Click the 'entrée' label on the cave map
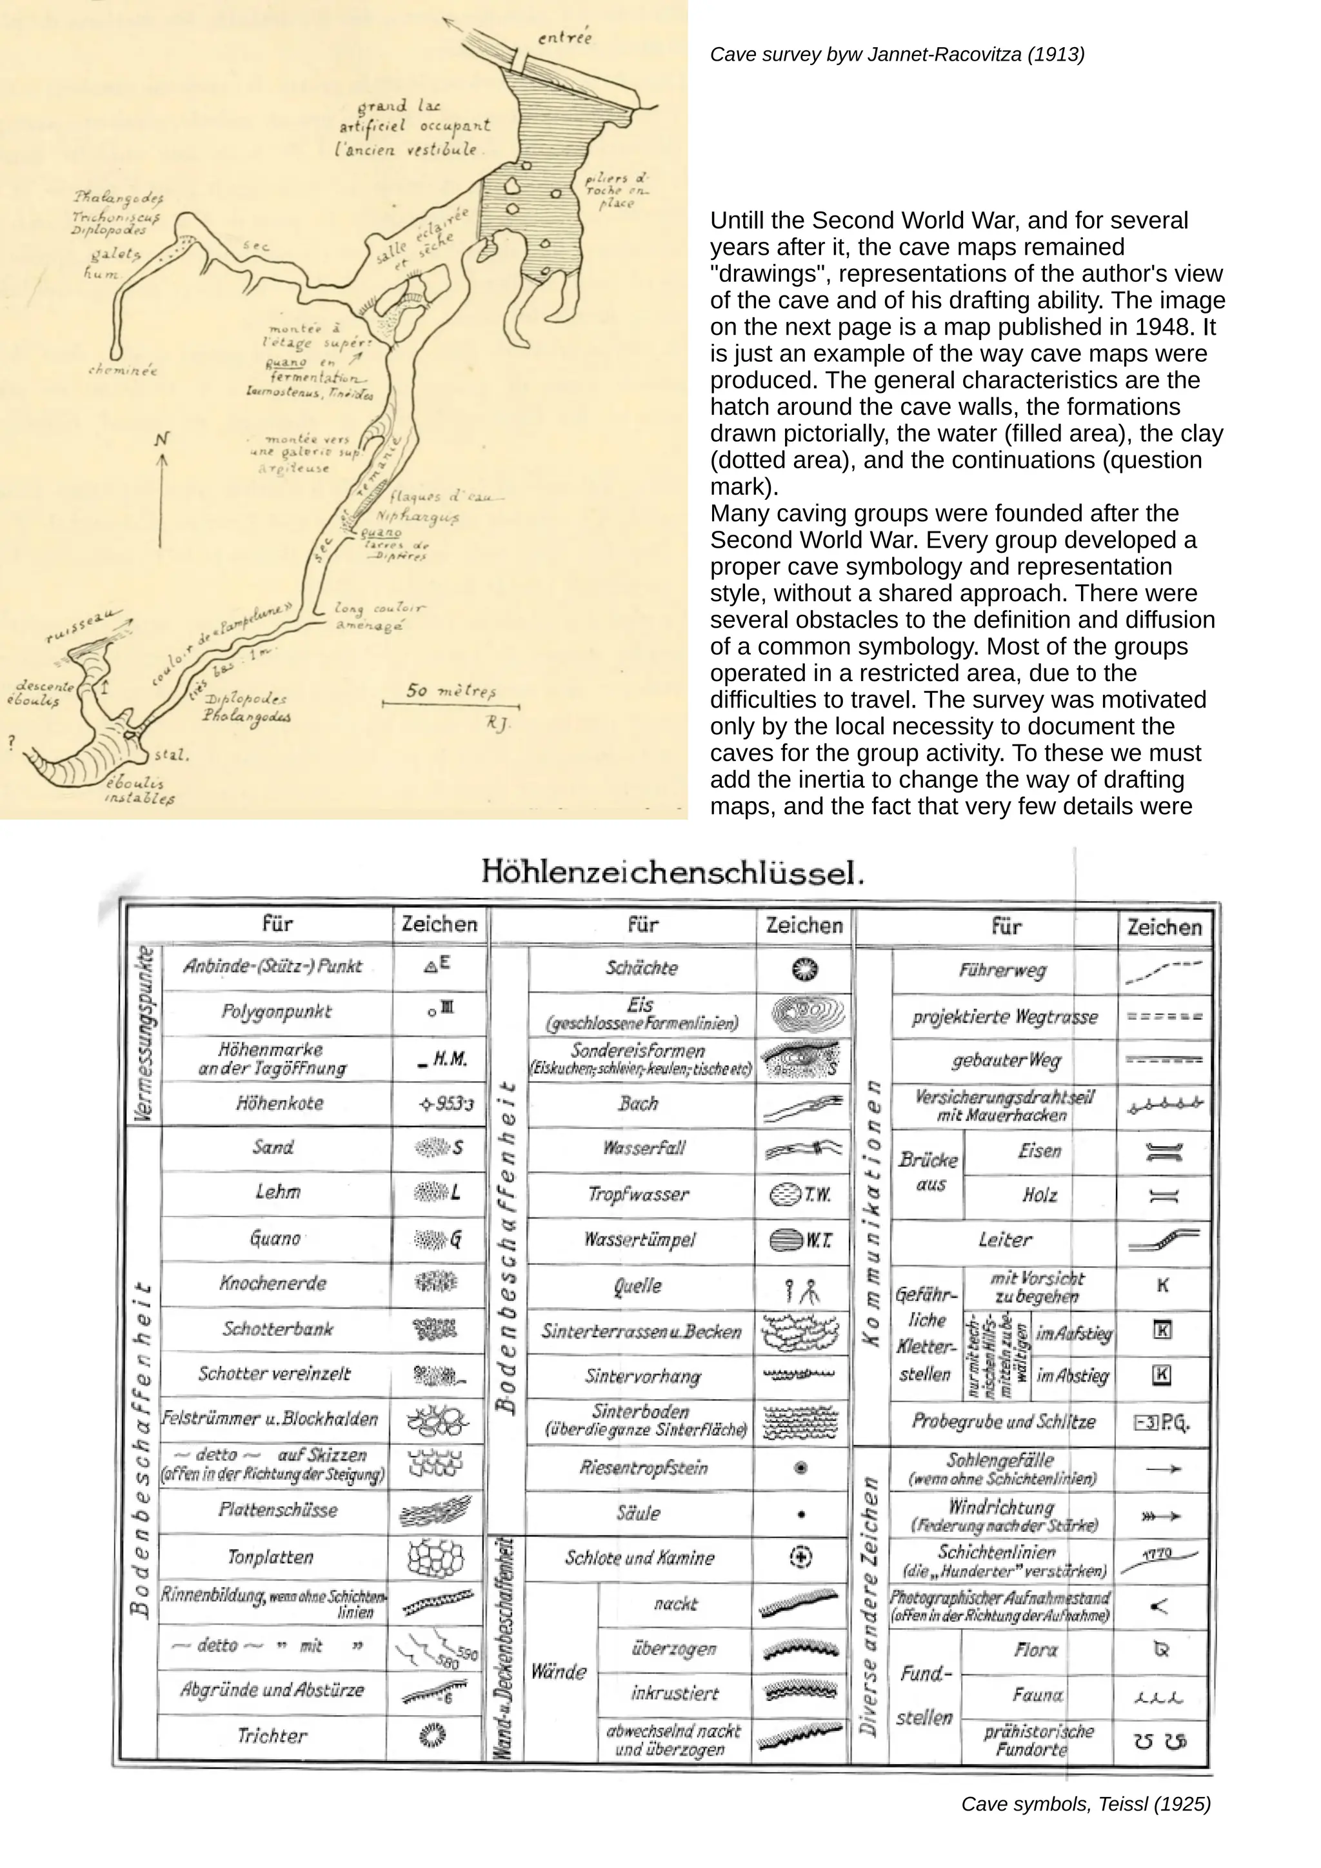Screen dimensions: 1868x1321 (564, 37)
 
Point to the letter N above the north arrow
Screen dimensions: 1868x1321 (163, 440)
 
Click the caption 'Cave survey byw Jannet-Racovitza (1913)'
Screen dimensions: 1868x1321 (897, 55)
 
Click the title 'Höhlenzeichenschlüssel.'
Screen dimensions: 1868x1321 (672, 872)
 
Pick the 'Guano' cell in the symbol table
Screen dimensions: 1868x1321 (275, 1239)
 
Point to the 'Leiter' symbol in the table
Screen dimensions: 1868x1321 (1164, 1241)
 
